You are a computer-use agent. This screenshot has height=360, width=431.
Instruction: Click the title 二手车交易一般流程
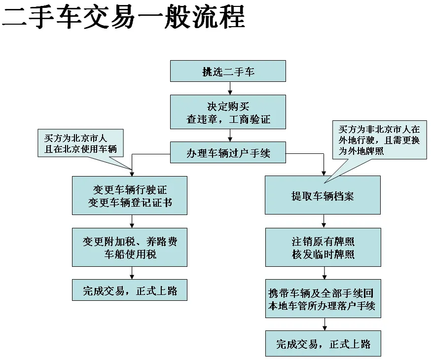pos(123,18)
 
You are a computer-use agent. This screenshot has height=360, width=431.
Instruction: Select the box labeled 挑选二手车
pos(228,71)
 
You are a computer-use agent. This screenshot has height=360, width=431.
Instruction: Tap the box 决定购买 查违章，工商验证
pos(228,112)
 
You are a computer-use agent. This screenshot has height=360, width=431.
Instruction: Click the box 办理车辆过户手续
pos(228,153)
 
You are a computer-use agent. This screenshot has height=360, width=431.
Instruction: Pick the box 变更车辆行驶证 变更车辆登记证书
pos(130,195)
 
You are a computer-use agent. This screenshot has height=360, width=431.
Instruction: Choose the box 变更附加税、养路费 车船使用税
pos(130,247)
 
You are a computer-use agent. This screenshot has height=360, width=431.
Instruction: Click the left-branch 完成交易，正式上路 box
pos(130,290)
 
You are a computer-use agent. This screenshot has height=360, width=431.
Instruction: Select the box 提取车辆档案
pos(323,195)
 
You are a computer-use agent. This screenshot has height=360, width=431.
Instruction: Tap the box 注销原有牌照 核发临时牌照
pos(323,247)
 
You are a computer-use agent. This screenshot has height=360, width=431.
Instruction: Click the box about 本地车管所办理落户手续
pos(323,299)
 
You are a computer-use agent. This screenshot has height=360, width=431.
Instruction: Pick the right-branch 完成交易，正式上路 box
pos(323,343)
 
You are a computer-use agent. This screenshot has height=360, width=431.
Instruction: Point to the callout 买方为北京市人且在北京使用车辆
pos(80,143)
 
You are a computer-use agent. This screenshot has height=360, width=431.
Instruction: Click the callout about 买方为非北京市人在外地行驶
pos(379,140)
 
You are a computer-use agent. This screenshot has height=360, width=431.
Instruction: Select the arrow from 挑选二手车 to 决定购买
pos(230,88)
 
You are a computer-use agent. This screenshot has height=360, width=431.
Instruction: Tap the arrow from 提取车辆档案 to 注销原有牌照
pos(324,220)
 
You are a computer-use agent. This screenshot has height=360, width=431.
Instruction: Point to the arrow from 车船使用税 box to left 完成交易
pos(132,273)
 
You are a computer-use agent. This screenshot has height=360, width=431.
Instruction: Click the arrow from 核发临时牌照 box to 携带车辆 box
pos(324,273)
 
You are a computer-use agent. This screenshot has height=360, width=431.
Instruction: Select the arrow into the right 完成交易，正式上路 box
pos(324,324)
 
